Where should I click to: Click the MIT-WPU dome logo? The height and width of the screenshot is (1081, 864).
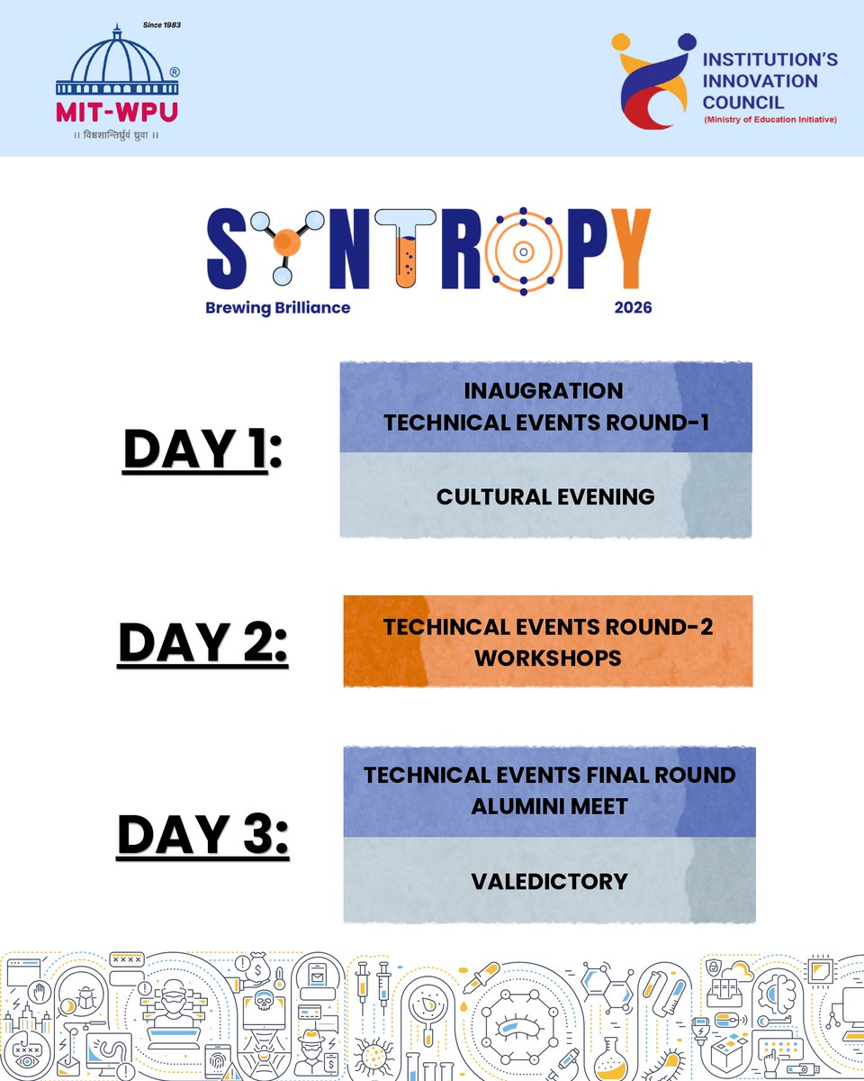click(x=117, y=68)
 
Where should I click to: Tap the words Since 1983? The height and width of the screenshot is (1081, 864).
click(x=162, y=25)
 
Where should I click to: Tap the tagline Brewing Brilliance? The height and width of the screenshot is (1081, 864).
click(x=277, y=307)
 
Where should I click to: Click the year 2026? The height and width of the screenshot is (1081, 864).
click(x=633, y=307)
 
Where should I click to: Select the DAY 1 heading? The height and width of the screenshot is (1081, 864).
click(x=202, y=450)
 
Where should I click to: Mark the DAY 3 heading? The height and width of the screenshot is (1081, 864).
click(x=202, y=834)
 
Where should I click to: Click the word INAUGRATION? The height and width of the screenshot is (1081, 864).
click(x=544, y=391)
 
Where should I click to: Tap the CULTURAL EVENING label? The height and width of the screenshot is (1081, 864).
click(x=545, y=496)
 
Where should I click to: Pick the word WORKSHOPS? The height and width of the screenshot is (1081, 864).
click(x=547, y=658)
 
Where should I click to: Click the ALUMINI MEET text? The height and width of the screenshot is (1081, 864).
click(x=549, y=806)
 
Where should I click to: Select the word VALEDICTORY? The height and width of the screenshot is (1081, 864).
click(x=549, y=881)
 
